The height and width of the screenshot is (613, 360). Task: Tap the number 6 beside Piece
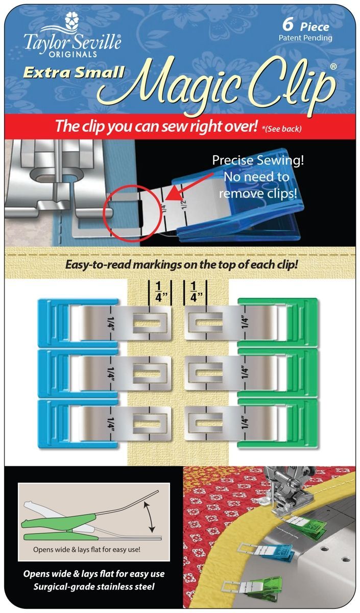pyautogui.click(x=288, y=25)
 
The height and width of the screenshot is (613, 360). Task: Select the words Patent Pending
pyautogui.click(x=305, y=38)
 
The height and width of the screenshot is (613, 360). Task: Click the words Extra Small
pyautogui.click(x=74, y=72)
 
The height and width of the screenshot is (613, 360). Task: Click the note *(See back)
pyautogui.click(x=281, y=129)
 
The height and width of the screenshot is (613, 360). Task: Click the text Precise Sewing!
pyautogui.click(x=258, y=160)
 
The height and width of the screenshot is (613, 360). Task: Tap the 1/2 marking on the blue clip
pyautogui.click(x=183, y=204)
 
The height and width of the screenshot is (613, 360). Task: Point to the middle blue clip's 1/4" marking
pyautogui.click(x=111, y=373)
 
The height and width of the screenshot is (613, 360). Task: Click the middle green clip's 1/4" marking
pyautogui.click(x=245, y=373)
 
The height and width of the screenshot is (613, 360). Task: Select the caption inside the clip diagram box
pyautogui.click(x=87, y=549)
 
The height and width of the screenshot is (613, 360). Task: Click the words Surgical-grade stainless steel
pyautogui.click(x=94, y=586)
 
